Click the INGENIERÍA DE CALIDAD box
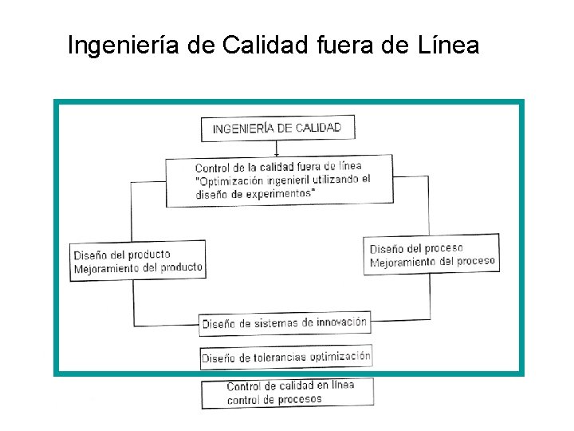[x=277, y=128]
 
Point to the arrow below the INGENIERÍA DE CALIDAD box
[x=277, y=148]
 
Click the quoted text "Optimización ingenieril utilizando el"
[x=283, y=180]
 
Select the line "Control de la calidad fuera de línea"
[x=278, y=167]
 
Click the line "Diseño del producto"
[x=122, y=255]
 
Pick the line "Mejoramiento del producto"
[x=138, y=268]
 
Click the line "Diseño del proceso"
[x=416, y=248]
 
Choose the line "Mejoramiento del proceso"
[x=432, y=261]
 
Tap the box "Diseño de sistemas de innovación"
[x=285, y=323]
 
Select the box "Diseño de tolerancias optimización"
[x=285, y=358]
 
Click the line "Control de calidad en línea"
[x=290, y=386]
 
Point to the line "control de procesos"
[x=274, y=399]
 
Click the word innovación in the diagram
[x=336, y=322]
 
